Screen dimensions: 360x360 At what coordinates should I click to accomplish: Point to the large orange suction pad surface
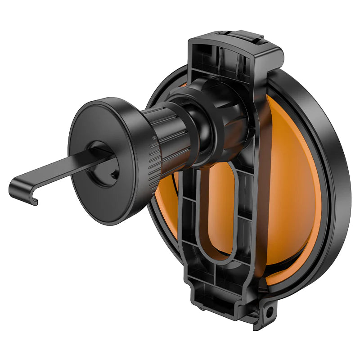click(292, 189)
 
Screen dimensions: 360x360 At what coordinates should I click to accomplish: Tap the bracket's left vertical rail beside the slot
click(189, 216)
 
